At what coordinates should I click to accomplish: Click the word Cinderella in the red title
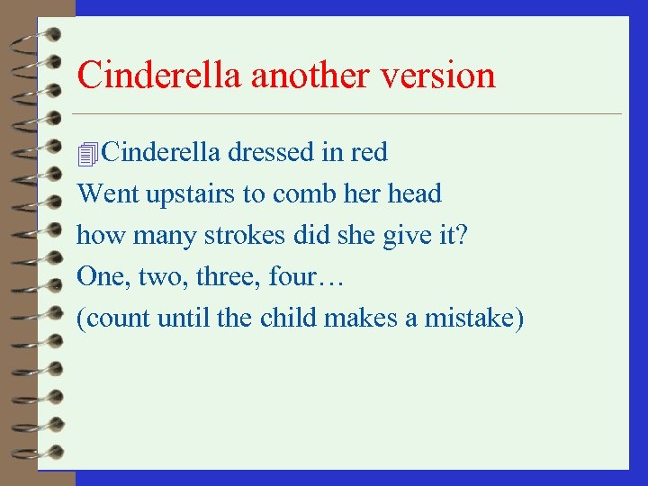160,75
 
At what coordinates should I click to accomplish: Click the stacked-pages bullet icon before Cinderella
87,155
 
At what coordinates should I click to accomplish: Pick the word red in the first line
370,153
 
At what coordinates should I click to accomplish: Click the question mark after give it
462,236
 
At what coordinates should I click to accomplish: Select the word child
287,319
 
